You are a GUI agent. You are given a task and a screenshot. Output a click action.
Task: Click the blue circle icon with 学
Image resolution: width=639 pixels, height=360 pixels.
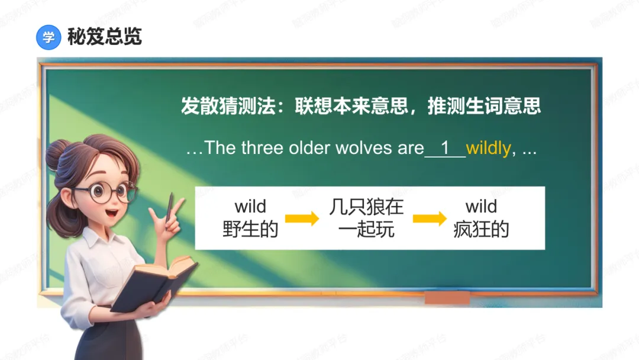tap(49, 38)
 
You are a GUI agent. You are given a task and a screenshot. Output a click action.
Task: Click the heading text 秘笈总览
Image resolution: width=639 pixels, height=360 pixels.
tap(104, 37)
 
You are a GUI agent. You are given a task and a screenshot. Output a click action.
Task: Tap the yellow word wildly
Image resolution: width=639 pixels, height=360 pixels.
tap(488, 148)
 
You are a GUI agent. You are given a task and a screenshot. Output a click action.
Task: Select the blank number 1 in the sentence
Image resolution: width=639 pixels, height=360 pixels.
tap(446, 148)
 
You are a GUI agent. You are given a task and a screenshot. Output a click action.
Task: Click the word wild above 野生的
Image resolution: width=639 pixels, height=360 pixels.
tap(250, 207)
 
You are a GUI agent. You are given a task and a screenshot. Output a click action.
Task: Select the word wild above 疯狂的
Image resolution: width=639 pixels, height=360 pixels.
tap(481, 207)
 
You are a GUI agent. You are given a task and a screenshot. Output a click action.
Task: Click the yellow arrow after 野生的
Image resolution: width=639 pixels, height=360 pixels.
tap(302, 218)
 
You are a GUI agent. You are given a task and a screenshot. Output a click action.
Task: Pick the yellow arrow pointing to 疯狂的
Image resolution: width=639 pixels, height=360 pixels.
tap(430, 218)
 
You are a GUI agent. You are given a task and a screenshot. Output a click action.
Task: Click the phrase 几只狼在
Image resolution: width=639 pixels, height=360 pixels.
tap(366, 207)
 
